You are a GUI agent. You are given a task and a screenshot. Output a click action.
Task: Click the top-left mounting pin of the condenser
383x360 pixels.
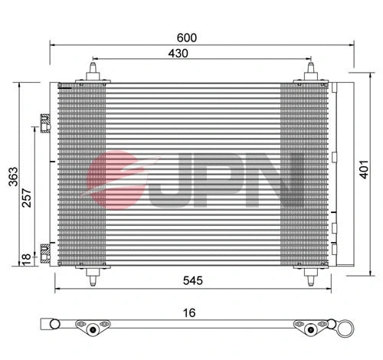[x=93, y=71]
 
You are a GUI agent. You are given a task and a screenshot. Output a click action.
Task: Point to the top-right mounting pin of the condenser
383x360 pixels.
[x=312, y=71]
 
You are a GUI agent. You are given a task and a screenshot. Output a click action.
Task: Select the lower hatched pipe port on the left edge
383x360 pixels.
[x=44, y=249]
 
